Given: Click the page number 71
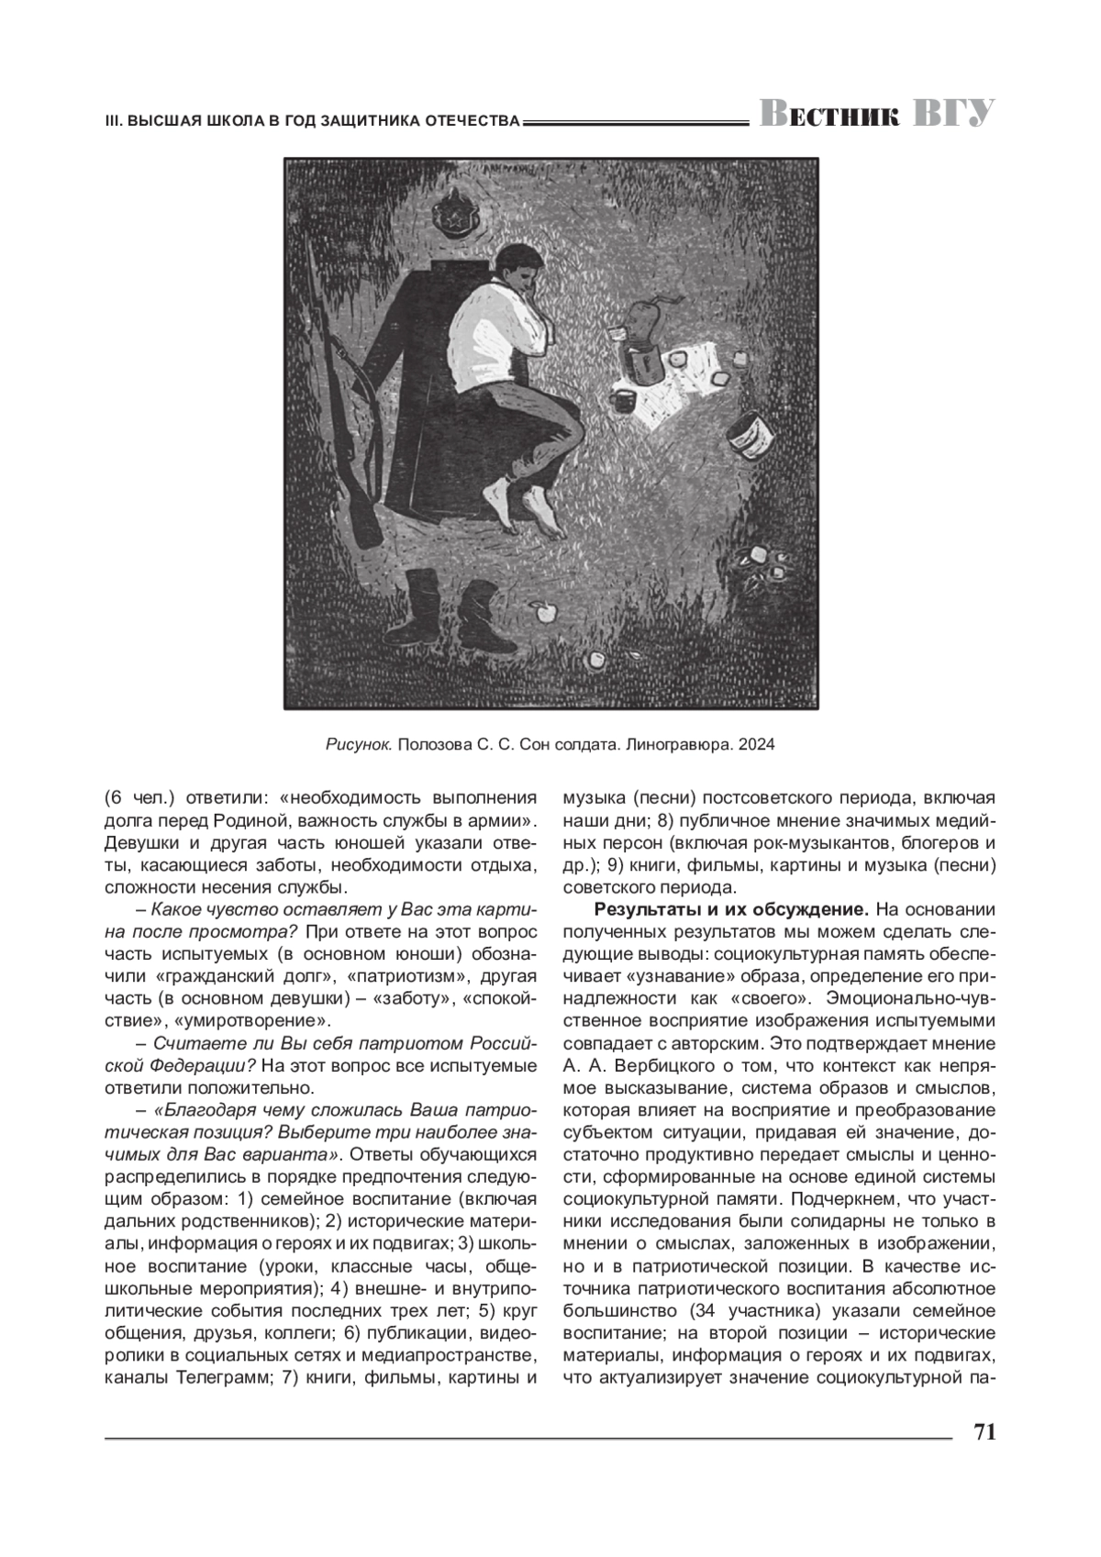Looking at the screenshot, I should tap(983, 1433).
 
